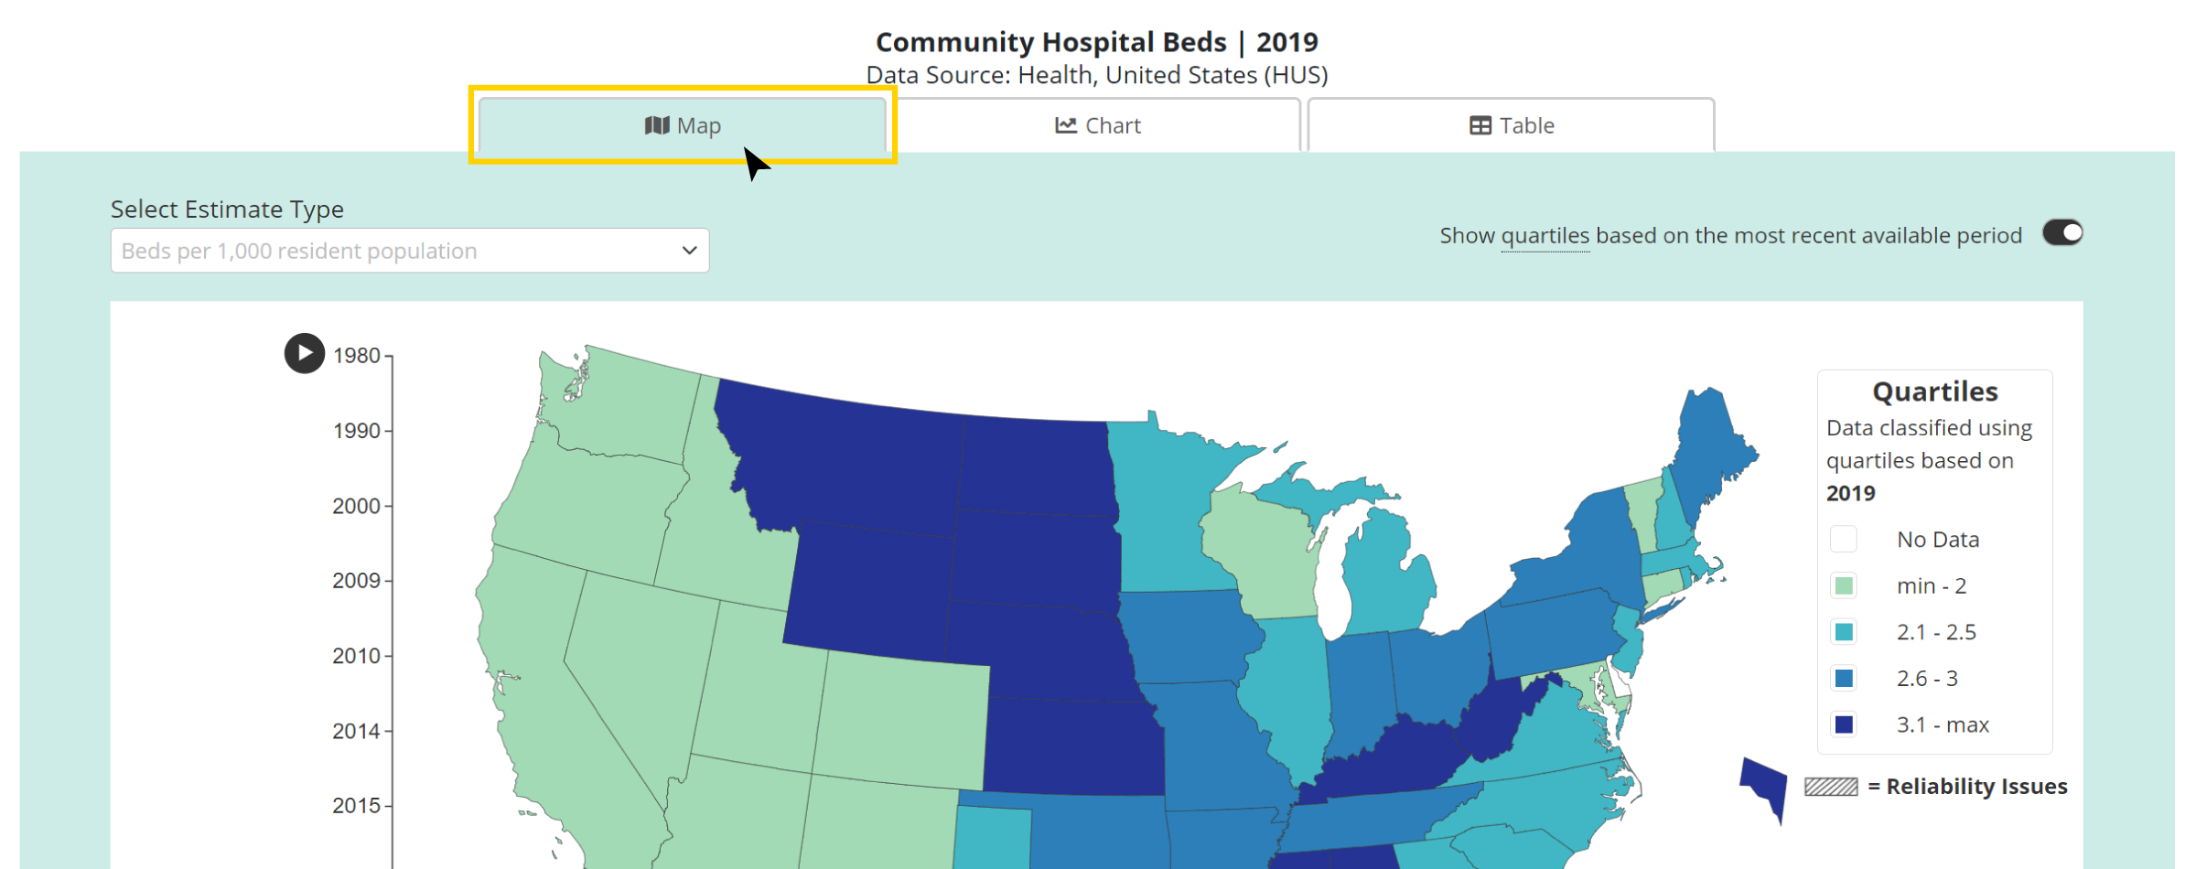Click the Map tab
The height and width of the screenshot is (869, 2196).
coord(683,125)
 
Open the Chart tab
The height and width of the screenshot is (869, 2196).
coord(1097,125)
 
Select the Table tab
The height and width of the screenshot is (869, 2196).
coord(1511,125)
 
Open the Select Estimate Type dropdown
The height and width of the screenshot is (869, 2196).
coord(409,251)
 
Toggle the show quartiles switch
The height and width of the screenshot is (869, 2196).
coord(2062,233)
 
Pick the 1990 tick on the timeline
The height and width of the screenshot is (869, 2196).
coord(357,431)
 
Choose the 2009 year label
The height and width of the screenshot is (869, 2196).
coord(357,581)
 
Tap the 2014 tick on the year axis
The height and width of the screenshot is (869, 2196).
coord(357,731)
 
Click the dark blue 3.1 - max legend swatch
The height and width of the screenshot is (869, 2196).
coord(1844,724)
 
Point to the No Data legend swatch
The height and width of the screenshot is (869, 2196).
coord(1844,540)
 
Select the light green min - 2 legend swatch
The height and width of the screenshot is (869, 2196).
coord(1844,585)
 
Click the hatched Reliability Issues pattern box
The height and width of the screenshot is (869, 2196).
coord(1830,787)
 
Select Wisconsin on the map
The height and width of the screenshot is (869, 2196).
coord(1258,549)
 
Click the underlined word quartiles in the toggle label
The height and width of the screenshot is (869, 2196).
coord(1545,236)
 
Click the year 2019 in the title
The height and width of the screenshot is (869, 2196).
coord(1286,42)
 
